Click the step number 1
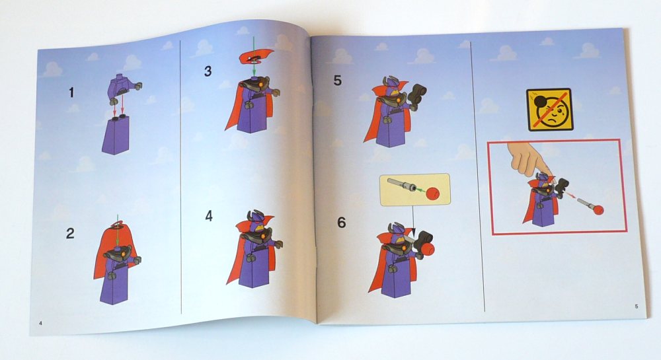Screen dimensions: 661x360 click(71, 92)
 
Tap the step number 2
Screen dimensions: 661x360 click(71, 233)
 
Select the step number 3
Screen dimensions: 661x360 click(208, 71)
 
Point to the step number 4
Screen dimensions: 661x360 click(209, 216)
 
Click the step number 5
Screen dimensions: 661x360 click(338, 81)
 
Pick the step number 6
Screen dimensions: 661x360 click(342, 223)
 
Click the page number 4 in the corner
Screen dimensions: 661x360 click(40, 323)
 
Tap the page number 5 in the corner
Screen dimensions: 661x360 click(637, 306)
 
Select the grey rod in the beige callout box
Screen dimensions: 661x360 click(402, 184)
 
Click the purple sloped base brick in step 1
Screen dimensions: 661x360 click(115, 135)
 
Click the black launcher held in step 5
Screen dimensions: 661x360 click(416, 96)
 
